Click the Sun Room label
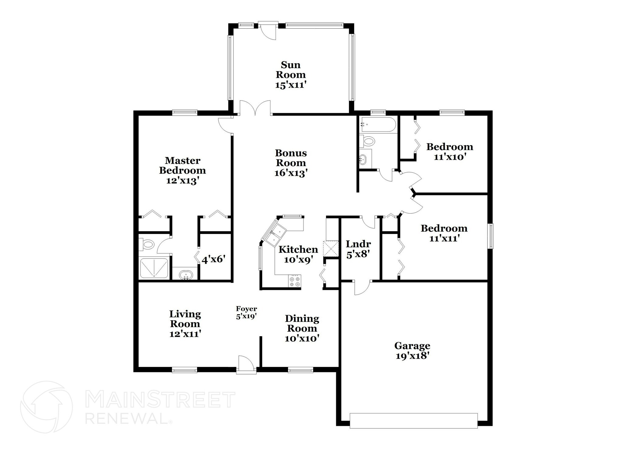click(291, 70)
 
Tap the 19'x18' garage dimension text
click(412, 356)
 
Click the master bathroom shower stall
click(154, 268)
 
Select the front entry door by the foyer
click(246, 365)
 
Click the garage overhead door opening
click(413, 421)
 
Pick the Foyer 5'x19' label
click(246, 313)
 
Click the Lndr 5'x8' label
click(358, 249)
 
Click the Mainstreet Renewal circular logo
click(47, 407)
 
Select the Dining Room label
click(302, 323)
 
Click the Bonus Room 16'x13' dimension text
click(291, 173)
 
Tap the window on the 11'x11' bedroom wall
click(491, 236)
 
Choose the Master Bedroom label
click(183, 165)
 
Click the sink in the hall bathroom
click(363, 159)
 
